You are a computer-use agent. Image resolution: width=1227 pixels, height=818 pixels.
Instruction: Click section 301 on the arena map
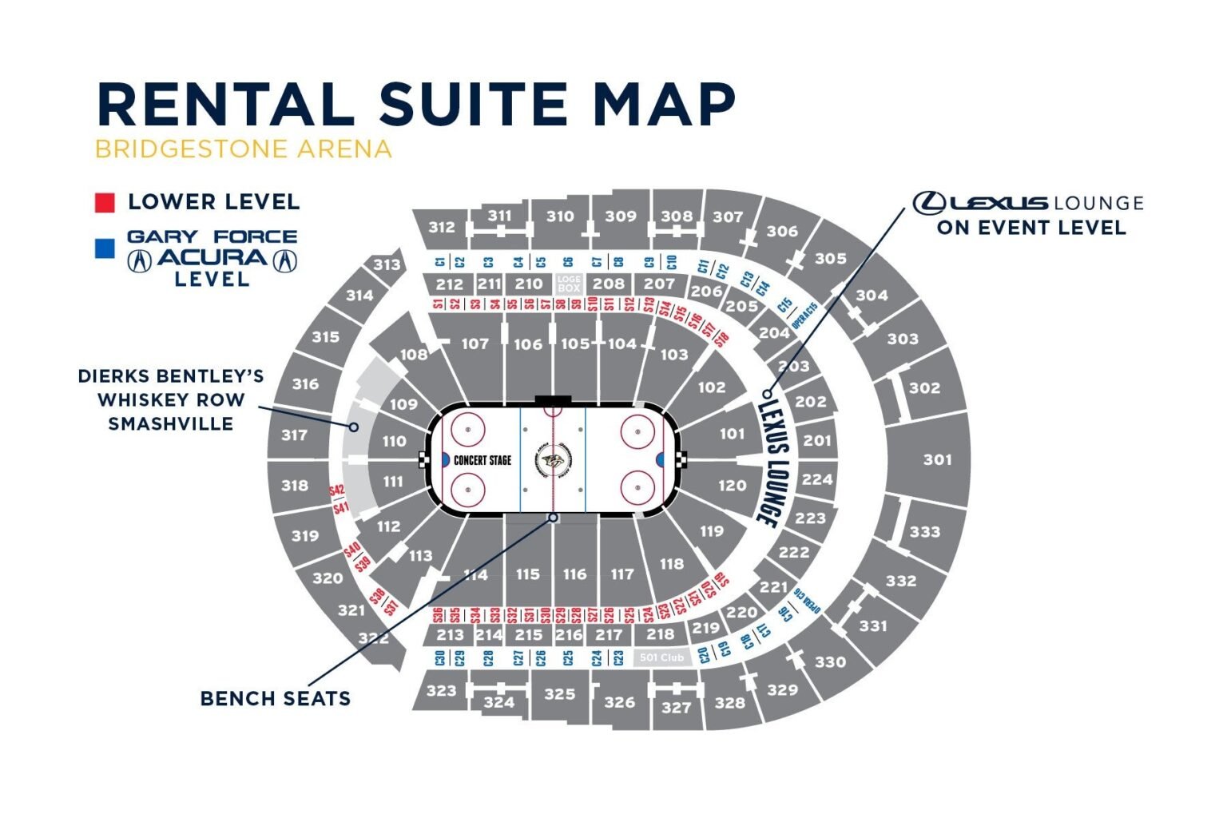click(937, 459)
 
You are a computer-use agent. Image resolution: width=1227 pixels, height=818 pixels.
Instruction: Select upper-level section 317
click(294, 435)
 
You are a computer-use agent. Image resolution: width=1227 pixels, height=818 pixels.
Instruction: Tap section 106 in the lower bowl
click(527, 344)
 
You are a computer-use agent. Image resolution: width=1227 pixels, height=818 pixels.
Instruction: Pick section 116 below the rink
click(574, 574)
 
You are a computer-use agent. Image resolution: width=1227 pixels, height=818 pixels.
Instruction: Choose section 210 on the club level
click(528, 284)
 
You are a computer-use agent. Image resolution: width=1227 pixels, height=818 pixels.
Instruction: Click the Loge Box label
click(569, 284)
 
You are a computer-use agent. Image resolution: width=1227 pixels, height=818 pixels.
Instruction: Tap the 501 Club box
click(662, 657)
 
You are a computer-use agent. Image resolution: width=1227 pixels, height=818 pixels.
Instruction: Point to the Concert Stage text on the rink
click(482, 460)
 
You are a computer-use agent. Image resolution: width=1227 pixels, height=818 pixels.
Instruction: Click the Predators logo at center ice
click(552, 461)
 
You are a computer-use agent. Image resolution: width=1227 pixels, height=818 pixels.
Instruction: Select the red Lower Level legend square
click(105, 202)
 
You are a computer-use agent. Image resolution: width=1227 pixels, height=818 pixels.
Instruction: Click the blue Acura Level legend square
click(105, 248)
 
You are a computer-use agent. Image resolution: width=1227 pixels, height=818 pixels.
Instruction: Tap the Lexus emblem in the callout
click(929, 203)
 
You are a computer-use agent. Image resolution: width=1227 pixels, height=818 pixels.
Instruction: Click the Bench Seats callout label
click(275, 699)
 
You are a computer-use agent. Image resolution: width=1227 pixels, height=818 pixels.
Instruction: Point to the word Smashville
click(171, 423)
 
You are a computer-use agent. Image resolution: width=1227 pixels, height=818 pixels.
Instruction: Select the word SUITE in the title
click(475, 104)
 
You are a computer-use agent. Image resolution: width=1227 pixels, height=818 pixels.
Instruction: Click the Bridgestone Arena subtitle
click(244, 149)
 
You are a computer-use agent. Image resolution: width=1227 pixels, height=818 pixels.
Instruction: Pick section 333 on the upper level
click(924, 531)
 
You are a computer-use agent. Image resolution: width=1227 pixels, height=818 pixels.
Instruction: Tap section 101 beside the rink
click(732, 434)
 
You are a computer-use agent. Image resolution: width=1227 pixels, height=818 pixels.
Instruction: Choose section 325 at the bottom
click(559, 693)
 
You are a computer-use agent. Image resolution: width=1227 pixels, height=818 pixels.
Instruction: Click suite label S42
click(336, 490)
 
